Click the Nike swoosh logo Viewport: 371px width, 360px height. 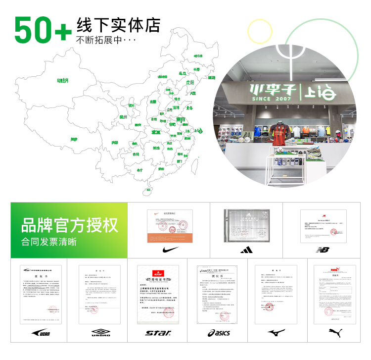click(x=168, y=249)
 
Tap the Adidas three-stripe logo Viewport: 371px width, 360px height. click(x=246, y=250)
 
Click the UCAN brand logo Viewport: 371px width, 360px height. click(x=40, y=333)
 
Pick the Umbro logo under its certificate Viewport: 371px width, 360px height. click(x=100, y=333)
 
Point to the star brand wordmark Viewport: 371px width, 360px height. click(x=158, y=333)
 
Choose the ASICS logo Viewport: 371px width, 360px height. click(x=219, y=333)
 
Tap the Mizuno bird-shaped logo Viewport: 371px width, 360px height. click(x=276, y=332)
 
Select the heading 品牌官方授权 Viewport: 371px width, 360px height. click(x=69, y=225)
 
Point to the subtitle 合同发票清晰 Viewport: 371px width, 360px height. click(x=49, y=242)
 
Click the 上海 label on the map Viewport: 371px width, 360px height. click(x=199, y=131)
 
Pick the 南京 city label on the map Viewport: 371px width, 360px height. click(x=181, y=119)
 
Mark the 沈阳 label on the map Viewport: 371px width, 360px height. click(x=189, y=82)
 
